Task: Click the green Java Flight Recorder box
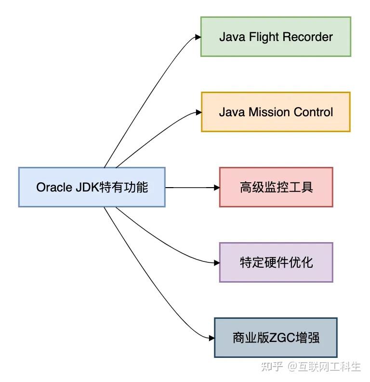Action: pos(276,37)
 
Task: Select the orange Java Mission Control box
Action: pos(276,112)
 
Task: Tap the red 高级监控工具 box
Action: pos(276,187)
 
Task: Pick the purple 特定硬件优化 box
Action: pos(276,262)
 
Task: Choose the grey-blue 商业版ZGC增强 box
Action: pos(276,338)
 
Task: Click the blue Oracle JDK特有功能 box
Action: pos(92,187)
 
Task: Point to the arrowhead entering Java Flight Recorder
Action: pos(197,37)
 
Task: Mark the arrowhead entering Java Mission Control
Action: pos(198,112)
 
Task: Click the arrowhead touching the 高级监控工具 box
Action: pos(216,187)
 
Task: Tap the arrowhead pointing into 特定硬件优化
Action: pos(216,263)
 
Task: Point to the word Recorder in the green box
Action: pos(311,37)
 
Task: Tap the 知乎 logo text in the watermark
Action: pos(271,367)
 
